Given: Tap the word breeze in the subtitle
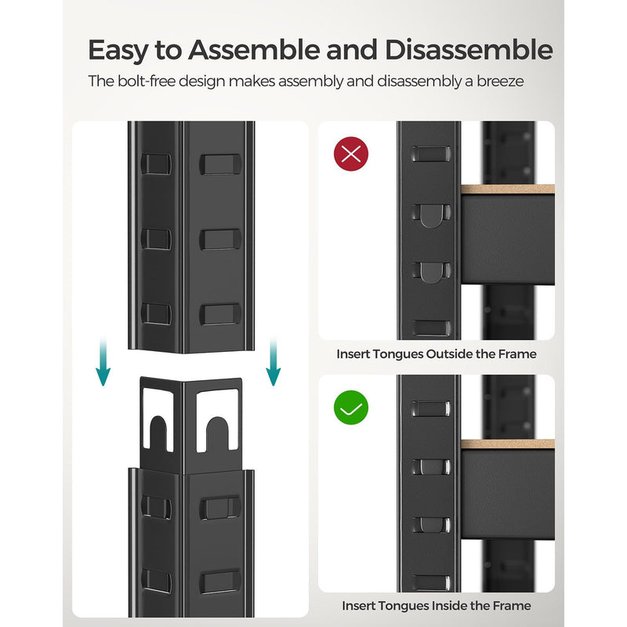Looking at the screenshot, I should (x=496, y=81).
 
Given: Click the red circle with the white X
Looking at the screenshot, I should (x=352, y=153).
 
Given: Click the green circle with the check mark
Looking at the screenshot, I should (x=352, y=408).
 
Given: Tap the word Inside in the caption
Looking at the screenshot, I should (x=451, y=605).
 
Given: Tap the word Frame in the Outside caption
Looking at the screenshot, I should (x=518, y=353).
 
